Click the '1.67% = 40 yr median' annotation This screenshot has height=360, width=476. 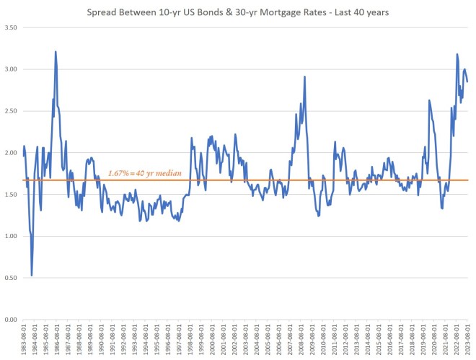pos(146,174)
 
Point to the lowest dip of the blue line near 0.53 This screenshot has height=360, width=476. pos(32,275)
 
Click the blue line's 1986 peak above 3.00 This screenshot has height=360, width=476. pos(56,52)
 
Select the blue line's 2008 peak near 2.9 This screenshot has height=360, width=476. pos(305,76)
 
